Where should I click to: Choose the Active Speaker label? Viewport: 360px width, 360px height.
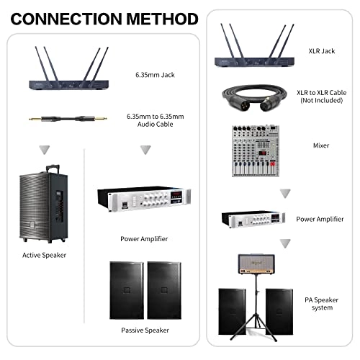[x=46, y=255]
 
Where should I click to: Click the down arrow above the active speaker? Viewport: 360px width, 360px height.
[x=46, y=150]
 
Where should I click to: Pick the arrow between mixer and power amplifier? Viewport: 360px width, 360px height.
[x=285, y=192]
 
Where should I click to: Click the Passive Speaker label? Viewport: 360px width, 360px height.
[x=145, y=330]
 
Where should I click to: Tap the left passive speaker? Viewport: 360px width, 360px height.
[x=127, y=290]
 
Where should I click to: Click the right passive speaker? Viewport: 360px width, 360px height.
[x=166, y=290]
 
